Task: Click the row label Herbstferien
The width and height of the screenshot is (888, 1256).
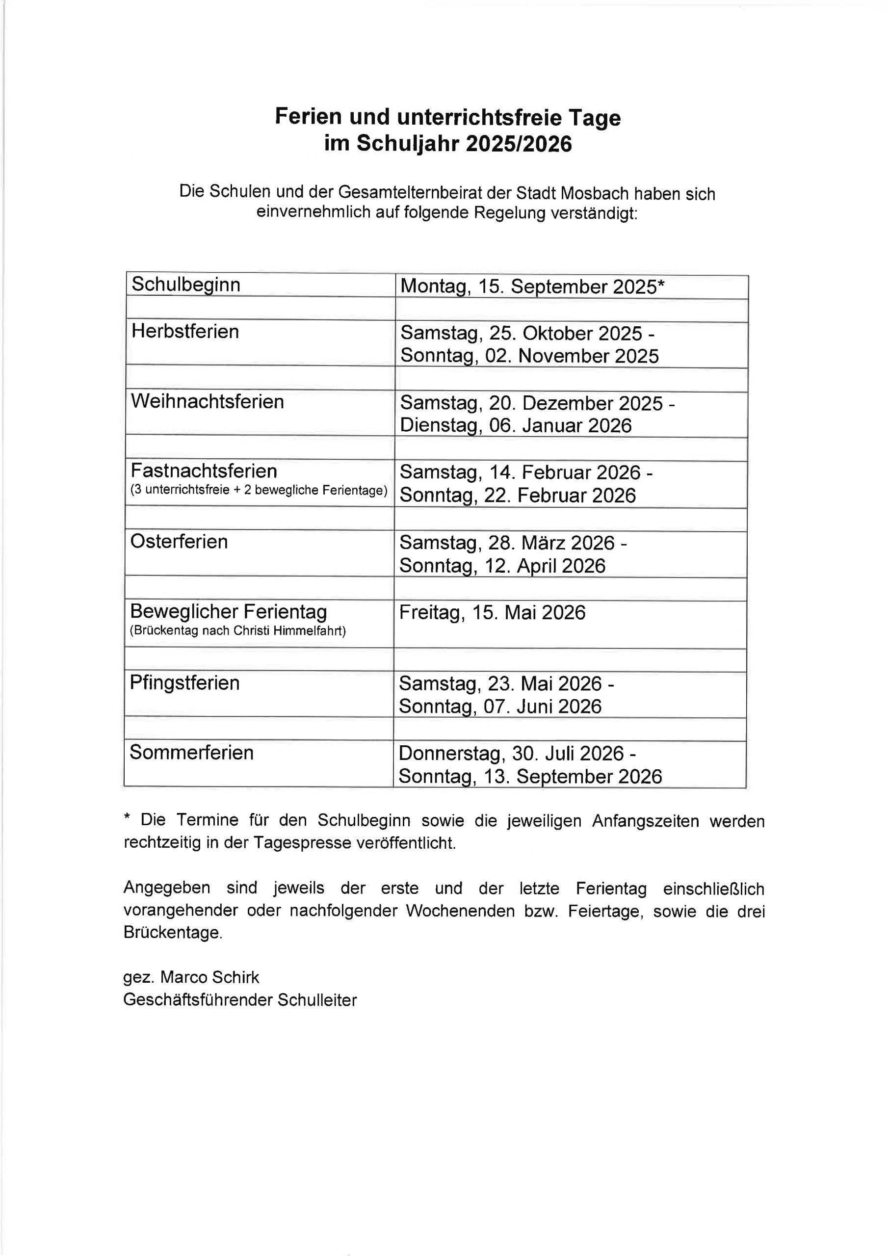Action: (185, 332)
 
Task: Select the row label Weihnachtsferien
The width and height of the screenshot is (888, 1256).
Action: (208, 401)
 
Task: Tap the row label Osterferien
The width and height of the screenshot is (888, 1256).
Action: (179, 542)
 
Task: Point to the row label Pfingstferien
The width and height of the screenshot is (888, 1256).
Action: (184, 682)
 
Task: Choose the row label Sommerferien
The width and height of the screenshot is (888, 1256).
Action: (191, 752)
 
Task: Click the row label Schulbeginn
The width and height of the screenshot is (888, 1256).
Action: (186, 285)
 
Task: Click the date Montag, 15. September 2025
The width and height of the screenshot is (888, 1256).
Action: (532, 287)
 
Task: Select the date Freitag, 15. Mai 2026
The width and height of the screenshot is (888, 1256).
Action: (492, 612)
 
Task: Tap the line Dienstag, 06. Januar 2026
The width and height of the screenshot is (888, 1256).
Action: (516, 425)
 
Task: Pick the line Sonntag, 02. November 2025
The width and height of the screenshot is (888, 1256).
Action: (529, 356)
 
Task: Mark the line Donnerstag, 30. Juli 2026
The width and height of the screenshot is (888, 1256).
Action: (517, 753)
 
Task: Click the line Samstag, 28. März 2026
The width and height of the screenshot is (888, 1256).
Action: (513, 543)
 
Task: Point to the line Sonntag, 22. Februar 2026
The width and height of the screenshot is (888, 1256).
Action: (518, 495)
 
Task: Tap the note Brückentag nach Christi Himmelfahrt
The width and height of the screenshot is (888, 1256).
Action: (237, 631)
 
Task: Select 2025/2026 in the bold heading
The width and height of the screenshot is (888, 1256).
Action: (519, 144)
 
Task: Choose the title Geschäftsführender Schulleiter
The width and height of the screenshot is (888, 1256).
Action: (239, 999)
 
